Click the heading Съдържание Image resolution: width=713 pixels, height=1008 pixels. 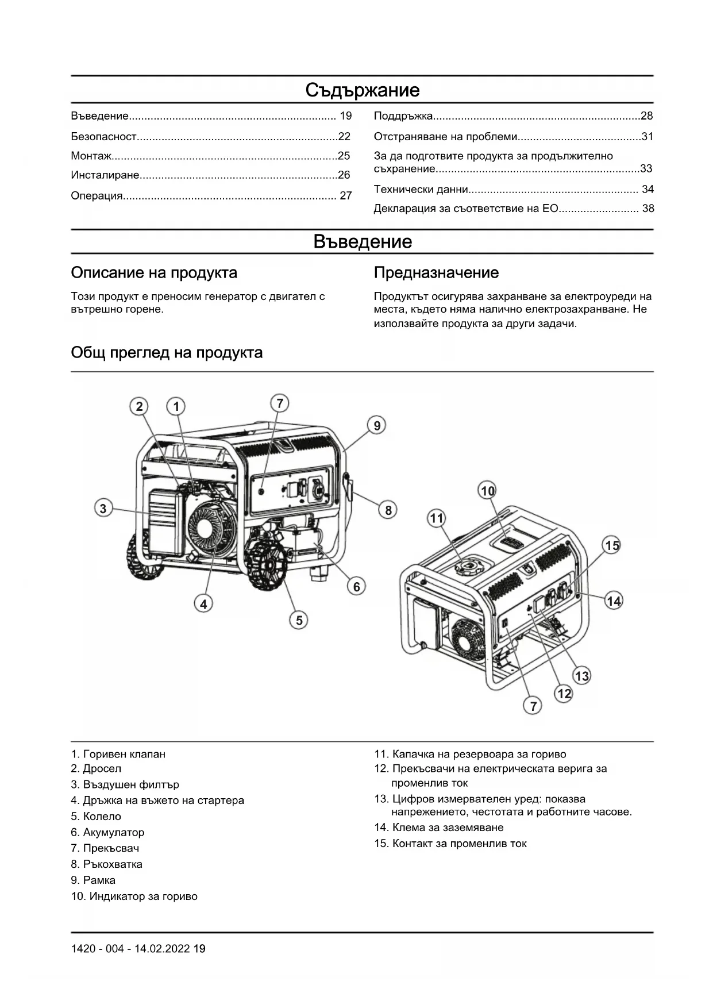pyautogui.click(x=362, y=90)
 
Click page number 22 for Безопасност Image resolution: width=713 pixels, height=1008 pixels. pyautogui.click(x=344, y=137)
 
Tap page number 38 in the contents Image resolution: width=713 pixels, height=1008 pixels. pyautogui.click(x=648, y=209)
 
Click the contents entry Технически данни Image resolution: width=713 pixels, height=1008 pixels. pyautogui.click(x=421, y=190)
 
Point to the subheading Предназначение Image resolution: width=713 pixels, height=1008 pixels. pyautogui.click(x=436, y=272)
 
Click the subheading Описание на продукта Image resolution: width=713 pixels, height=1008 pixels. pyautogui.click(x=154, y=272)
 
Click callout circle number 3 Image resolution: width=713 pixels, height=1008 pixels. pyautogui.click(x=103, y=509)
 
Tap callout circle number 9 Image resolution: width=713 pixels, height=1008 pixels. pyautogui.click(x=377, y=426)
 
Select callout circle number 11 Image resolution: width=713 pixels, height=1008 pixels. pyautogui.click(x=437, y=518)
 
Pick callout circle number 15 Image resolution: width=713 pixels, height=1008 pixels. pyautogui.click(x=612, y=545)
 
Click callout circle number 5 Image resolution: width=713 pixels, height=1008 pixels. pyautogui.click(x=299, y=620)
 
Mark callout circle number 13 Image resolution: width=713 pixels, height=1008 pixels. pyautogui.click(x=582, y=676)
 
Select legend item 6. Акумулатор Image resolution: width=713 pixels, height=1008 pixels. pyautogui.click(x=107, y=832)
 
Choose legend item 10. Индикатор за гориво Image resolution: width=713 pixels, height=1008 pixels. pyautogui.click(x=134, y=896)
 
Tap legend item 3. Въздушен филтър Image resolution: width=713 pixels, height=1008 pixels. pyautogui.click(x=125, y=784)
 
